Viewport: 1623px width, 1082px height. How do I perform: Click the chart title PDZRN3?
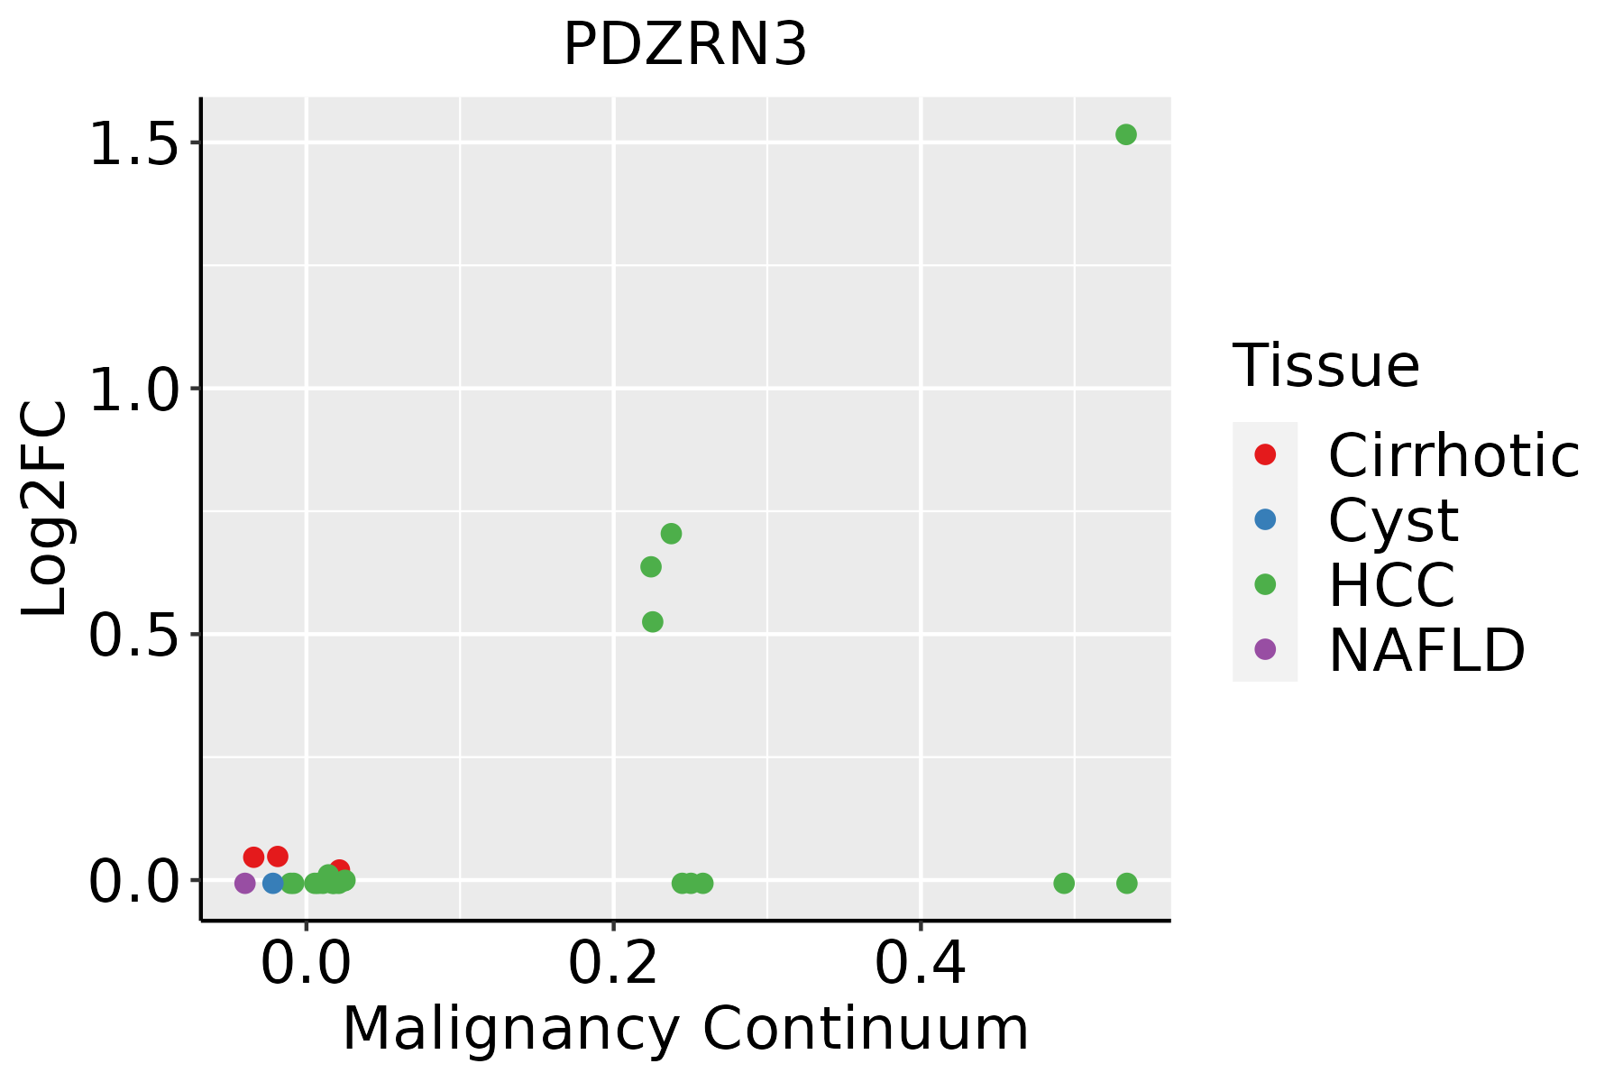tap(685, 45)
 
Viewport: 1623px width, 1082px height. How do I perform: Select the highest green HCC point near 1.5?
tap(1125, 134)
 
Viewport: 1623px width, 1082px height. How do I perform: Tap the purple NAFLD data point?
tap(244, 883)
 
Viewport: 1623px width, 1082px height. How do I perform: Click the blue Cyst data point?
tap(273, 883)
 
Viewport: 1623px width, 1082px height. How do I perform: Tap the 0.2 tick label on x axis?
tap(613, 963)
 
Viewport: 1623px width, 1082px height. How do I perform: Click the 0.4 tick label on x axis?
tap(921, 963)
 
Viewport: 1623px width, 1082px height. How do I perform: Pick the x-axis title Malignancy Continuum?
tap(685, 1029)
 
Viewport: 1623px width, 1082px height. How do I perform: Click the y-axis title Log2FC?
tap(45, 509)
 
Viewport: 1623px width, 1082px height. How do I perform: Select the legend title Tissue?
tap(1325, 366)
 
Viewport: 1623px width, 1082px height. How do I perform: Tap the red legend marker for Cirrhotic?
tap(1265, 454)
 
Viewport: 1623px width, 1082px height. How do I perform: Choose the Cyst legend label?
tap(1393, 520)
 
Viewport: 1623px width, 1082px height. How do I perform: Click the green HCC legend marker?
tap(1265, 584)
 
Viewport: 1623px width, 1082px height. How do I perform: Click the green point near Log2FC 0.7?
tap(671, 534)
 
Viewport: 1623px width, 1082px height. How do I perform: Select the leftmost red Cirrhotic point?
tap(253, 857)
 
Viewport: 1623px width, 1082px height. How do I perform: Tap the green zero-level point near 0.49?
tap(1064, 883)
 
